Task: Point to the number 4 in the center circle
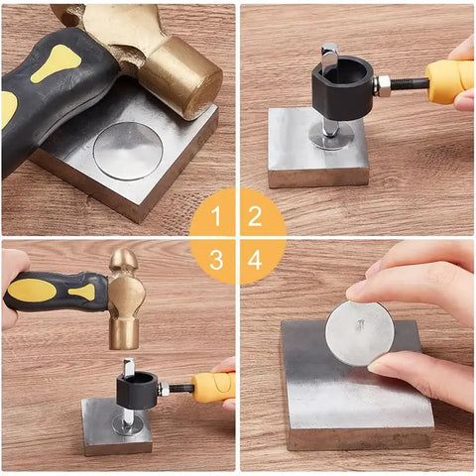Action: pyautogui.click(x=256, y=259)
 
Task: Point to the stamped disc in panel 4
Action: pyautogui.click(x=359, y=332)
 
